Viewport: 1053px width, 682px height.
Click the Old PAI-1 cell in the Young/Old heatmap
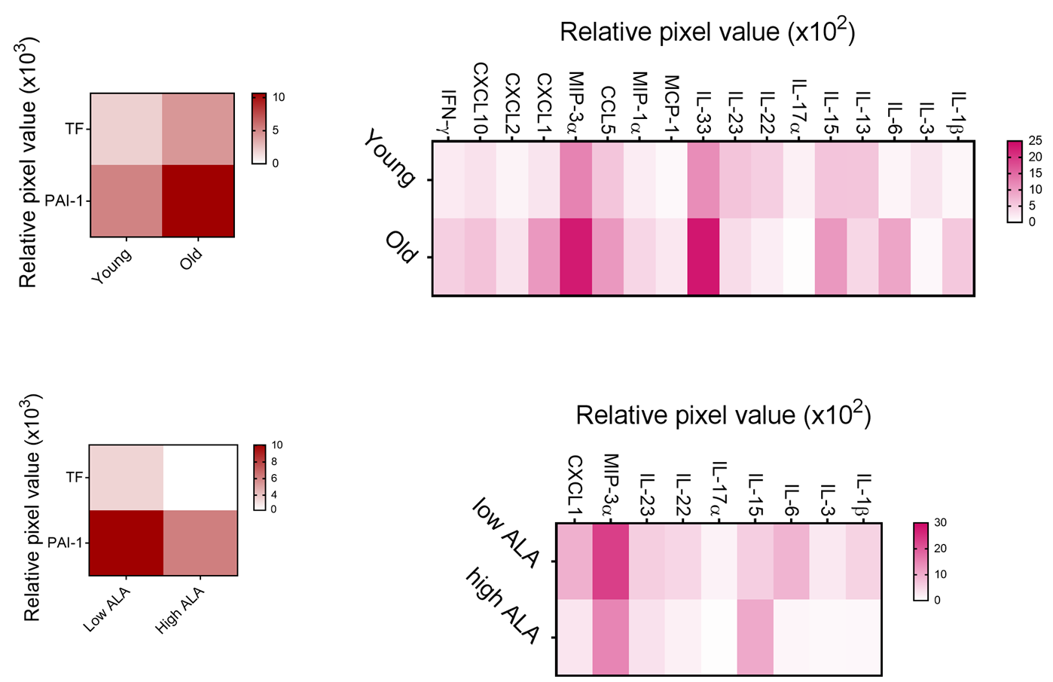pyautogui.click(x=198, y=200)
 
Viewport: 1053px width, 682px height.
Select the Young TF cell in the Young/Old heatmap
pyautogui.click(x=127, y=129)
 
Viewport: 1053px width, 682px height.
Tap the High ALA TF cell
pyautogui.click(x=200, y=478)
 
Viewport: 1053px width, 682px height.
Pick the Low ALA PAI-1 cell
pyautogui.click(x=127, y=543)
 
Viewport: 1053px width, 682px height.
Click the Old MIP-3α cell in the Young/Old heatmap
pyautogui.click(x=576, y=256)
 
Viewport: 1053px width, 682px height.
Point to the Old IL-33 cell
pyautogui.click(x=704, y=256)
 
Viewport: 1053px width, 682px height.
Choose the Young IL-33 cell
pyautogui.click(x=704, y=180)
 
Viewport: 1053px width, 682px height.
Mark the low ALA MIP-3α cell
pyautogui.click(x=611, y=561)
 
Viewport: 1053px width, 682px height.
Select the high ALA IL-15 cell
pyautogui.click(x=755, y=637)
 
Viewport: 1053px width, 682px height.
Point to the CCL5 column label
pyautogui.click(x=608, y=109)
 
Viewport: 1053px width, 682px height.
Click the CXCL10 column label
pyautogui.click(x=481, y=98)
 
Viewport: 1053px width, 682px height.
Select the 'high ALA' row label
pyautogui.click(x=503, y=605)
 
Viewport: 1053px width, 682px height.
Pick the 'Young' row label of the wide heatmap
pyautogui.click(x=389, y=158)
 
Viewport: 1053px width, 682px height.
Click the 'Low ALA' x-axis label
pyautogui.click(x=107, y=609)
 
